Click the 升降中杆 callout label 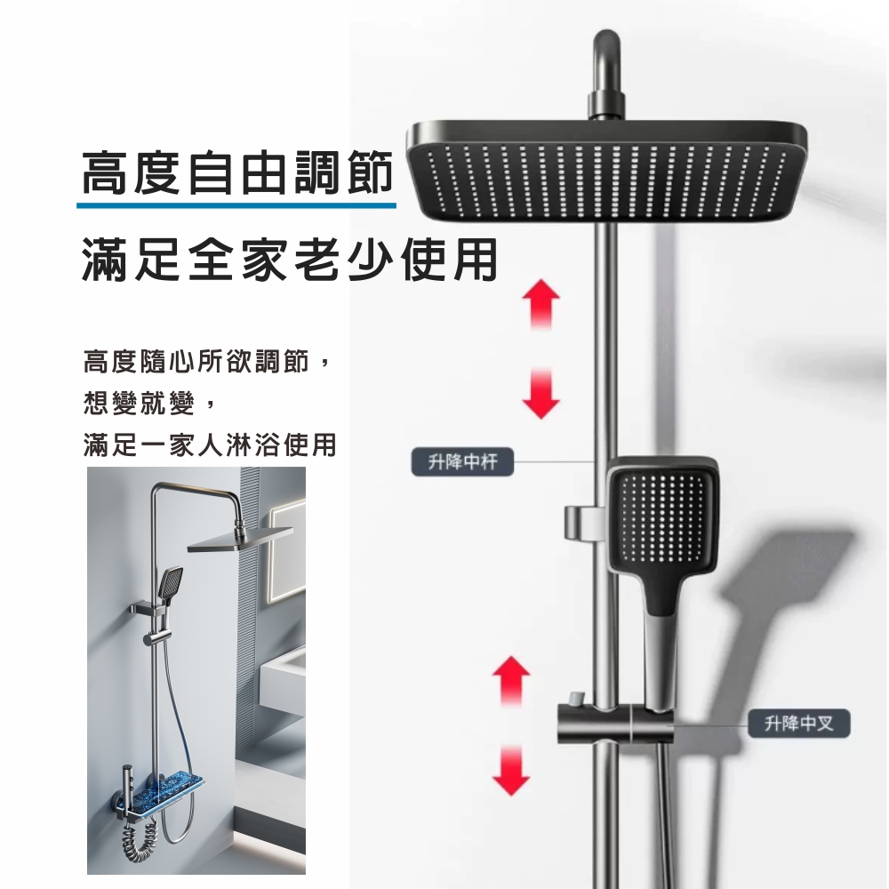[x=462, y=462]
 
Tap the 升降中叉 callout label [x=799, y=724]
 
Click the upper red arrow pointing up [x=541, y=304]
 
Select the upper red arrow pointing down [x=541, y=394]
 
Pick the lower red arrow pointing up [x=511, y=682]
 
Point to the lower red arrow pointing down [x=511, y=770]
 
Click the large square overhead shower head [x=606, y=172]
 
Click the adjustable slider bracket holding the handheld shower [x=615, y=723]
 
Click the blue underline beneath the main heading [x=236, y=204]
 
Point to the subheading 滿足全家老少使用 [x=289, y=260]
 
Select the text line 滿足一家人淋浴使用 [x=210, y=444]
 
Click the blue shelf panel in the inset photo [x=168, y=794]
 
